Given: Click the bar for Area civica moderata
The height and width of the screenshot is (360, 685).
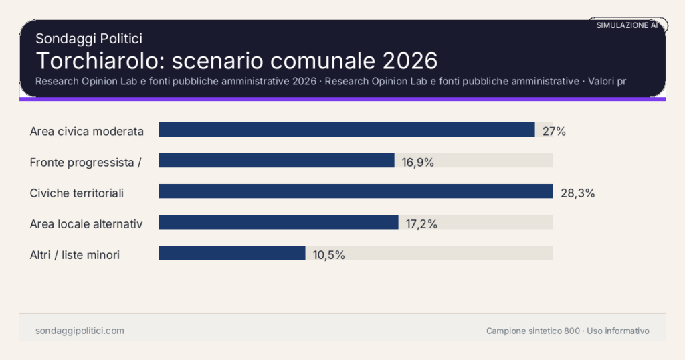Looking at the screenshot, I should pos(347,130).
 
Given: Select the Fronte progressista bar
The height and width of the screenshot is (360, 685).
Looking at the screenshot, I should pos(276,161).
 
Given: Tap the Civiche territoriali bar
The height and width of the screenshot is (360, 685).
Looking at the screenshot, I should pos(355,191).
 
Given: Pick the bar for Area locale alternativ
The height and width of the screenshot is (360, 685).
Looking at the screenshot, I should pos(278,222).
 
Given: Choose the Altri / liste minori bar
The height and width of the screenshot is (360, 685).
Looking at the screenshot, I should pos(231,253).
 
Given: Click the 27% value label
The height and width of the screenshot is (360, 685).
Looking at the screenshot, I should pos(554,132).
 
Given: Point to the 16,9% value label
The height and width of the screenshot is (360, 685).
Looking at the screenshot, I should pos(418,163).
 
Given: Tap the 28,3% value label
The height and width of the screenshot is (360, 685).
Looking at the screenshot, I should pos(577,193).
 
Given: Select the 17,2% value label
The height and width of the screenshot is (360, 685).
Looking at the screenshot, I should pos(421,224).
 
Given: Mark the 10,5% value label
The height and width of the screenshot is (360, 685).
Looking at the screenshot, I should pos(328,255).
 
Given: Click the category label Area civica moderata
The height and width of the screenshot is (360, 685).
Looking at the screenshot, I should pos(87,132).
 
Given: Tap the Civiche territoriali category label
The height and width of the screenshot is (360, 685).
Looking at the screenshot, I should pos(77,193).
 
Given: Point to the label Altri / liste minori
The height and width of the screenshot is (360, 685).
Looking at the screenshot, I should pos(75,255).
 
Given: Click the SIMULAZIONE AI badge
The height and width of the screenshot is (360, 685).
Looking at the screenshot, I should pos(627,25).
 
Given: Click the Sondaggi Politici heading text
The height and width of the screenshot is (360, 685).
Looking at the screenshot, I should pos(88,39).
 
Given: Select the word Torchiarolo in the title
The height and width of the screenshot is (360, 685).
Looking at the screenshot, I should pos(99,60).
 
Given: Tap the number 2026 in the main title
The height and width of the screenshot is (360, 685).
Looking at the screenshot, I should pos(410,60).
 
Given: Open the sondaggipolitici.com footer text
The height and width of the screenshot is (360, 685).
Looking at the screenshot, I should pos(80,331).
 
